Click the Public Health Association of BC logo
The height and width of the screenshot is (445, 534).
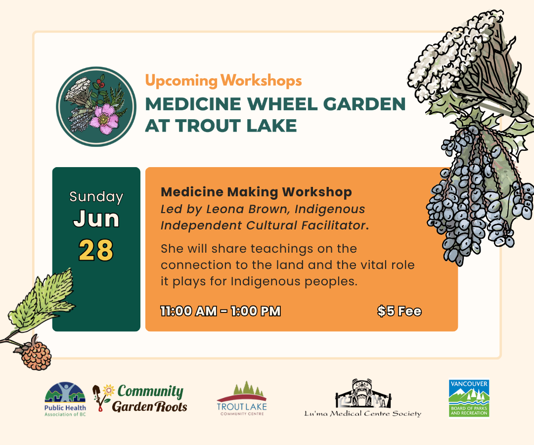(65, 399)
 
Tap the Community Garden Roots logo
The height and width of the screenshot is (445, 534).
(140, 399)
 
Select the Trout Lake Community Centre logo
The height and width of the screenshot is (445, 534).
(242, 399)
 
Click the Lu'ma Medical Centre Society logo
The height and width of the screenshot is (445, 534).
(363, 398)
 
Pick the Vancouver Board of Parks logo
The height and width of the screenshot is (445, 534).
(469, 398)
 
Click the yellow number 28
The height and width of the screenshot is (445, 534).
(96, 250)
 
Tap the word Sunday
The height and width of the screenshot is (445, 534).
(96, 197)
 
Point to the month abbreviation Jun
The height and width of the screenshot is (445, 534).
(96, 219)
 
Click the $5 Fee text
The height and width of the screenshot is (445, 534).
(400, 311)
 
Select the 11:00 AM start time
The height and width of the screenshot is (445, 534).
(189, 311)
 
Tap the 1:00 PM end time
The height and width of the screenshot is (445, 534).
(256, 311)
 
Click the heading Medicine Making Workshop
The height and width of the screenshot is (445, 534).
(256, 192)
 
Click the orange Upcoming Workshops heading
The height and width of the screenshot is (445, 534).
(223, 81)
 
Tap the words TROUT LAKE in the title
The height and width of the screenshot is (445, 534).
(236, 126)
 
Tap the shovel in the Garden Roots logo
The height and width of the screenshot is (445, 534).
(98, 397)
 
